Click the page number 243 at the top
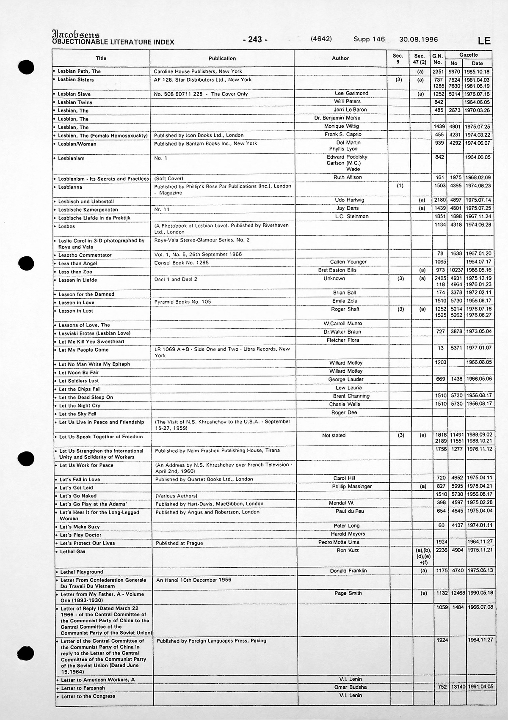click(255, 40)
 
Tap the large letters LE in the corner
click(484, 41)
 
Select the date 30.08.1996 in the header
click(418, 39)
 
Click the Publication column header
click(222, 58)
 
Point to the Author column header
click(340, 58)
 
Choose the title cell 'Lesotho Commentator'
click(85, 255)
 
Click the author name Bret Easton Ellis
click(337, 270)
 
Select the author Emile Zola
click(345, 301)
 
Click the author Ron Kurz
click(348, 550)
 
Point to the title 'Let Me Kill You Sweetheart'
click(91, 341)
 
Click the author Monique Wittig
click(341, 126)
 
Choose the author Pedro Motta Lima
click(339, 542)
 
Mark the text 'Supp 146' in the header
click(369, 39)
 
